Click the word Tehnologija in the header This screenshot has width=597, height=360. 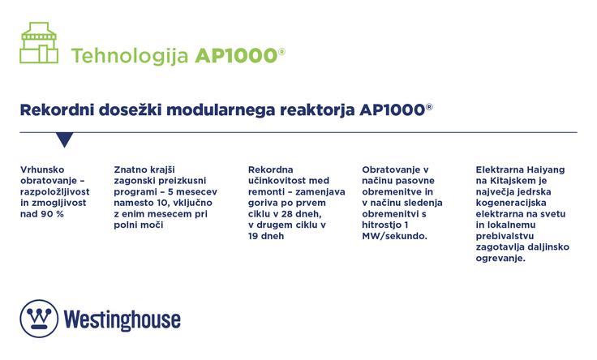point(130,56)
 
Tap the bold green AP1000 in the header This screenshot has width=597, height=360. point(235,56)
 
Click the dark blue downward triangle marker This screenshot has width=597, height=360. point(65,139)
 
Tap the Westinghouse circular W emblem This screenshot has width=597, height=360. point(37,318)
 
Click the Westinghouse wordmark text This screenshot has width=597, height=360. point(122,319)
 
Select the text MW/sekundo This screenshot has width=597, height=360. point(393,236)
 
